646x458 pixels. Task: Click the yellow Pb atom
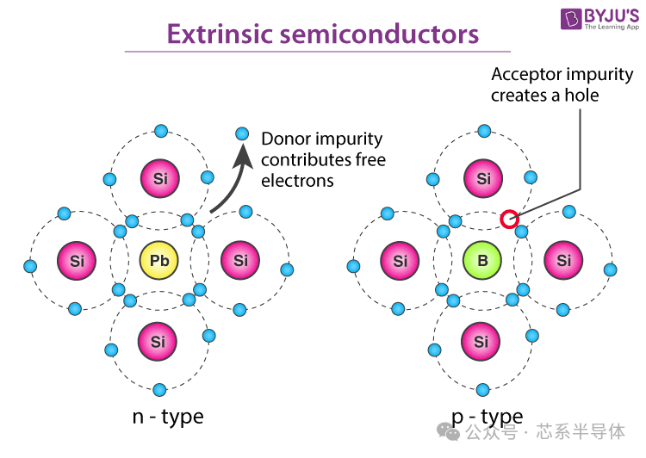pyautogui.click(x=159, y=260)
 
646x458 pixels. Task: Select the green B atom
pyautogui.click(x=482, y=260)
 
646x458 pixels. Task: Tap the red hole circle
pyautogui.click(x=509, y=219)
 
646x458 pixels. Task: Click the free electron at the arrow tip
pyautogui.click(x=242, y=133)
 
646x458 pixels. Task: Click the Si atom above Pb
pyautogui.click(x=160, y=178)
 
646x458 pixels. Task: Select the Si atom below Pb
pyautogui.click(x=158, y=342)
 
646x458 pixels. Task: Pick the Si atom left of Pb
pyautogui.click(x=77, y=260)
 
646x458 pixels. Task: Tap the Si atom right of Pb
pyautogui.click(x=240, y=260)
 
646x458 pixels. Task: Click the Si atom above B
pyautogui.click(x=483, y=178)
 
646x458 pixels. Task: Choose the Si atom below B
pyautogui.click(x=481, y=342)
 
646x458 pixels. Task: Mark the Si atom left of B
pyautogui.click(x=400, y=260)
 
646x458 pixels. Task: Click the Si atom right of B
pyautogui.click(x=563, y=260)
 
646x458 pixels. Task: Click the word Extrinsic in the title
pyautogui.click(x=220, y=34)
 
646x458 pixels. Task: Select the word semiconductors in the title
pyautogui.click(x=380, y=34)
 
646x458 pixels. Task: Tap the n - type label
pyautogui.click(x=168, y=418)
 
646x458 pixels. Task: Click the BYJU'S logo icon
pyautogui.click(x=571, y=19)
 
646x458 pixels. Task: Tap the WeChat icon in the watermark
pyautogui.click(x=448, y=431)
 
